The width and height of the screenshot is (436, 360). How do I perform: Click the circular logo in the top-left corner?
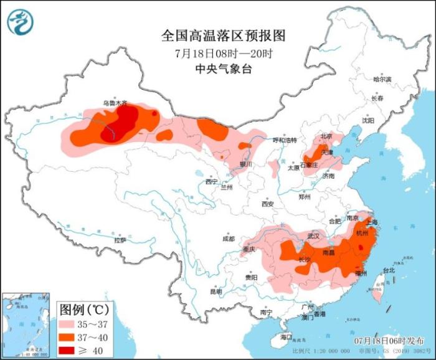point(21,21)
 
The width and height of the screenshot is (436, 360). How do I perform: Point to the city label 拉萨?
point(120,240)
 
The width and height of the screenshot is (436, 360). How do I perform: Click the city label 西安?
point(268,204)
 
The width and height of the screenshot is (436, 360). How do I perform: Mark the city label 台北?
point(389,271)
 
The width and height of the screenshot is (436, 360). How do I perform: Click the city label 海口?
point(286,337)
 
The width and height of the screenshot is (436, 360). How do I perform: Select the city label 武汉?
point(313,237)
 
